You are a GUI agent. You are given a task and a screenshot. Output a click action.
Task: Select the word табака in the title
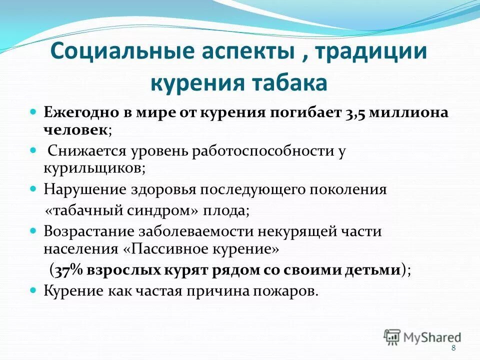(x=289, y=82)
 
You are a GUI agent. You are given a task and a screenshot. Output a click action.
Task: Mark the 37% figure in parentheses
(x=68, y=269)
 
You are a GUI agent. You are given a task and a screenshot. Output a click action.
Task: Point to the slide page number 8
(x=453, y=348)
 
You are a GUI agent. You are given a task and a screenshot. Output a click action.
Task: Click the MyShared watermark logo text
(x=430, y=337)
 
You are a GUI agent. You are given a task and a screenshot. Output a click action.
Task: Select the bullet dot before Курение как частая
(x=34, y=289)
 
